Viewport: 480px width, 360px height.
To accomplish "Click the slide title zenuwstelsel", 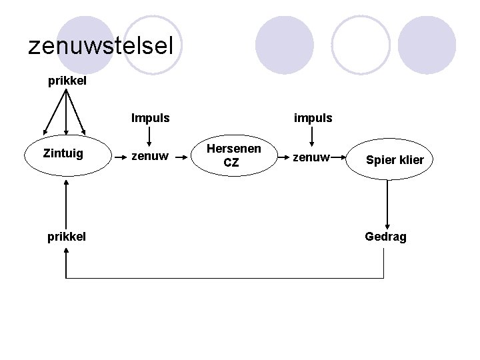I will (101, 45).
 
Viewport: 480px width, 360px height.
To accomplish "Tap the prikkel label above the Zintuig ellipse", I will (67, 82).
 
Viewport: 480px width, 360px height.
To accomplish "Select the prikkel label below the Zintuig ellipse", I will (67, 236).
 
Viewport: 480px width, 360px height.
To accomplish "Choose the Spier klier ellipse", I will (393, 160).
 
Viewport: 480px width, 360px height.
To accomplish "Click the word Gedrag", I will (385, 237).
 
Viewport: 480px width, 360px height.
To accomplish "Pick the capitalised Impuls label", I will (150, 119).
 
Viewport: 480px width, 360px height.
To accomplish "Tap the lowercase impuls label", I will (313, 119).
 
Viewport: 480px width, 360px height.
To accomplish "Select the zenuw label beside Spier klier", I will (312, 157).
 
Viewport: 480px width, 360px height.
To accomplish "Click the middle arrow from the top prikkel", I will (67, 113).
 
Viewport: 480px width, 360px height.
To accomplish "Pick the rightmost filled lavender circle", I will (427, 44).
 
